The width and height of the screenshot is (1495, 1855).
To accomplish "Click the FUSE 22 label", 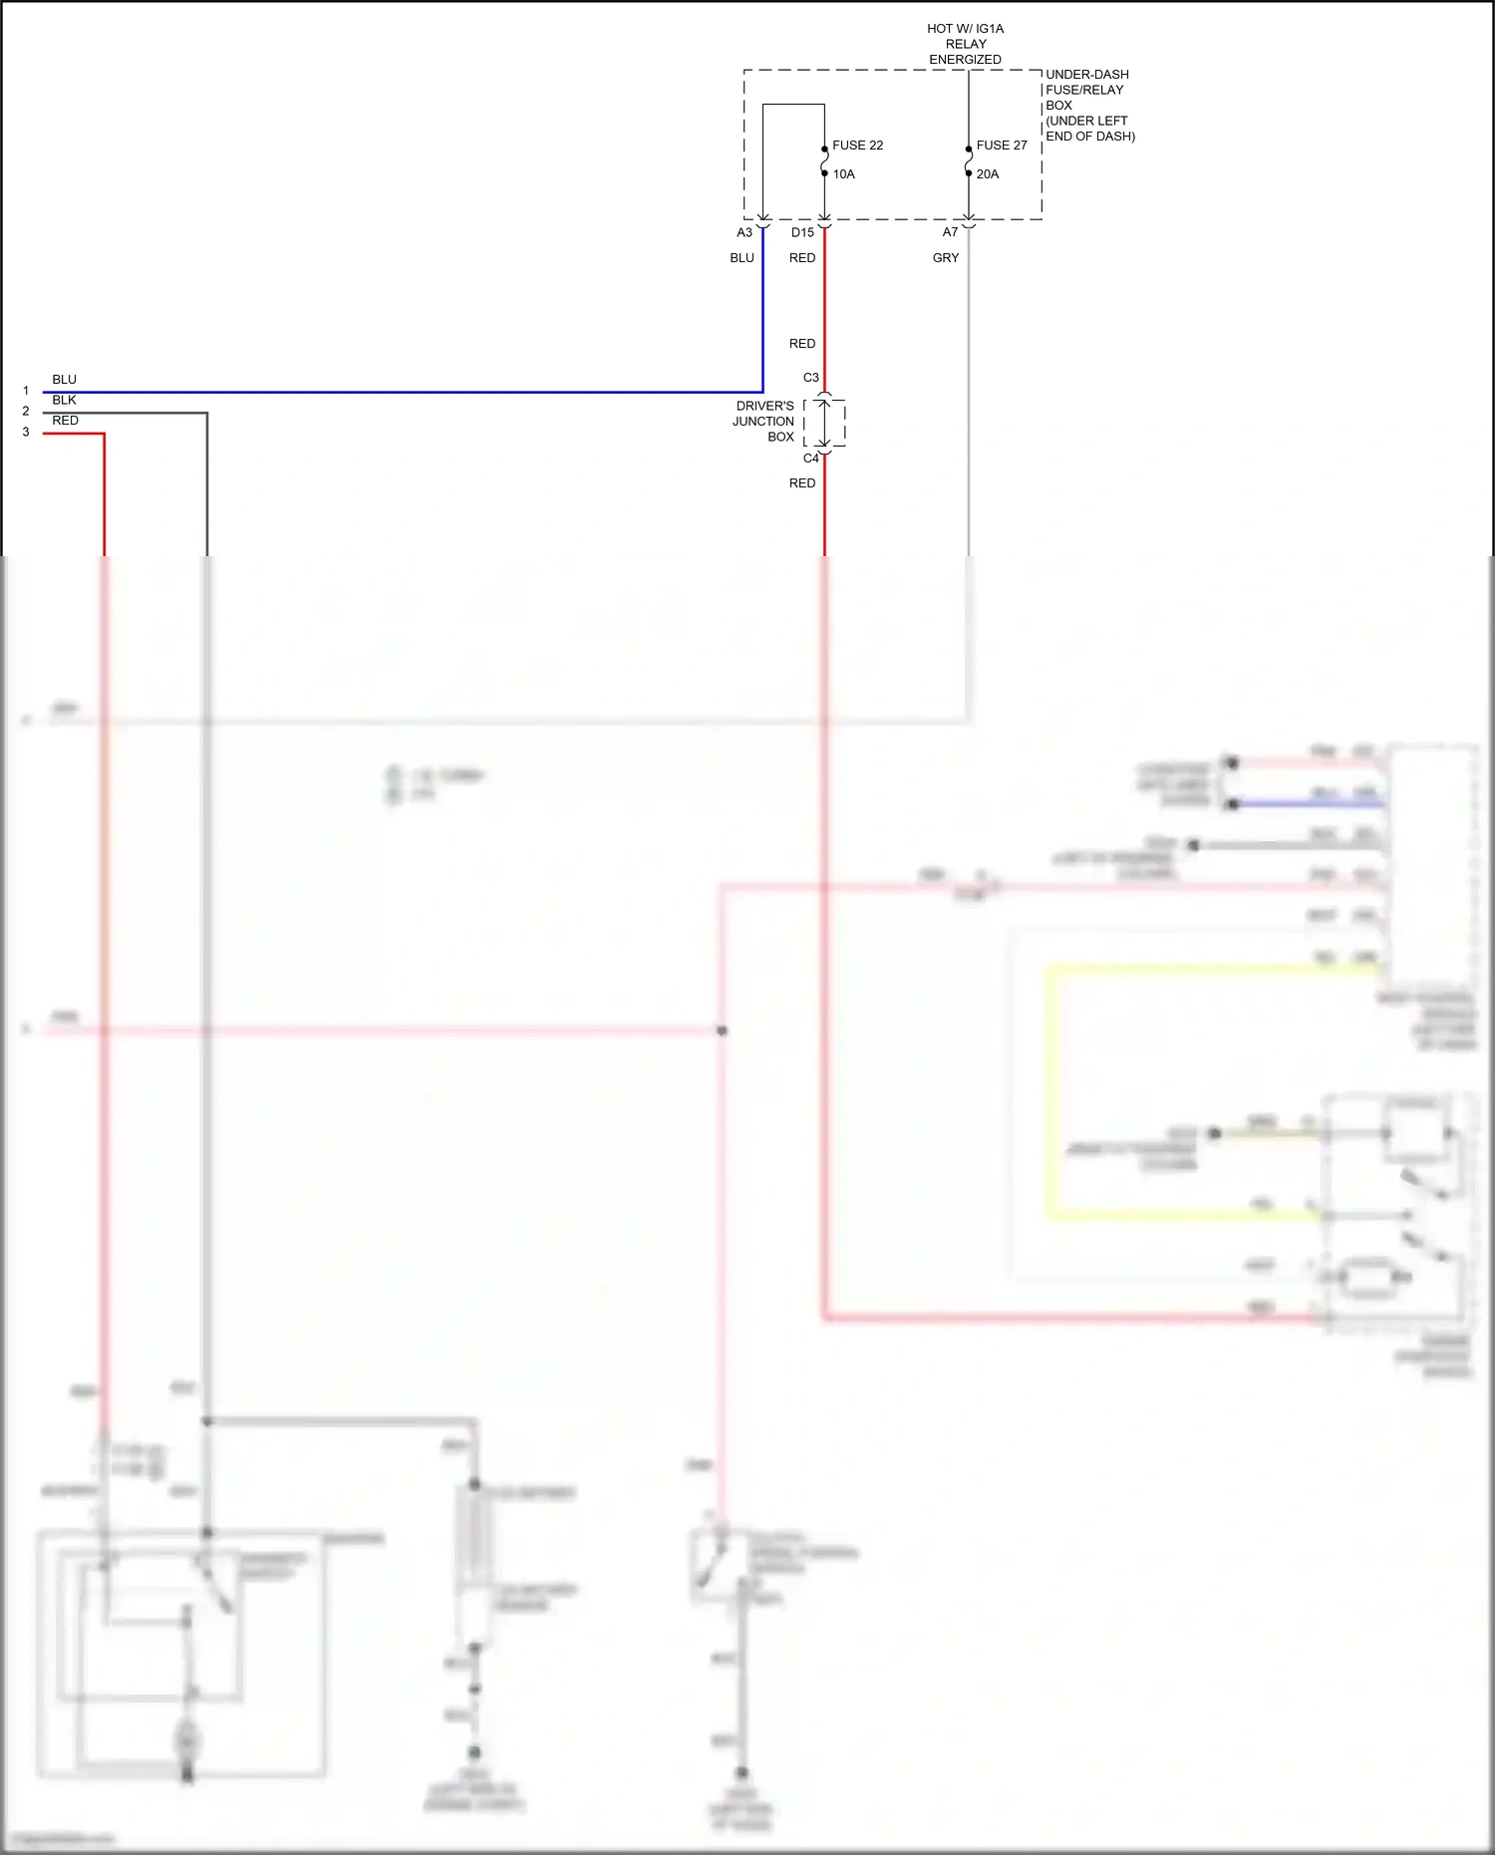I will click(857, 146).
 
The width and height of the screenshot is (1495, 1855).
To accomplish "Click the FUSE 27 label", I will click(1001, 146).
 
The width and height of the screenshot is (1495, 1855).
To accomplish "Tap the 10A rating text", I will click(843, 174).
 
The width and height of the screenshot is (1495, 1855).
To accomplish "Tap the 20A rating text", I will click(987, 174).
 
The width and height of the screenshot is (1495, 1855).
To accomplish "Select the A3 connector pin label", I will click(745, 232).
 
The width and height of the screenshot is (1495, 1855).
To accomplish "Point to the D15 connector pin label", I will click(802, 232).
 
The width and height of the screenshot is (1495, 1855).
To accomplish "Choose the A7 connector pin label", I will click(950, 232).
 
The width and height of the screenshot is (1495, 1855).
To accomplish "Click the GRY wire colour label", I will click(945, 258).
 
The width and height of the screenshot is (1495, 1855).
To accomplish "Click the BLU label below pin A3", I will click(742, 258).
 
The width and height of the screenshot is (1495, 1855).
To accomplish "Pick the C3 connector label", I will click(810, 378).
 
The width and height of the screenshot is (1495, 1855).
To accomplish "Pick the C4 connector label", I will click(810, 459).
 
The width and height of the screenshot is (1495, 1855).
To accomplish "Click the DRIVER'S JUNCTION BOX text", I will click(764, 422).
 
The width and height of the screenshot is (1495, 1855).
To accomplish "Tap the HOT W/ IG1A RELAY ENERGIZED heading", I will click(965, 44).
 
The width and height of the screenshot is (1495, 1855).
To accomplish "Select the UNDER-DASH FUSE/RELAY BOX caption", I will click(1089, 105).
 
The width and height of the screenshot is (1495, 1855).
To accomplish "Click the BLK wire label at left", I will click(64, 400).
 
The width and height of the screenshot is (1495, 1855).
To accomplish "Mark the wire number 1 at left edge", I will click(26, 391).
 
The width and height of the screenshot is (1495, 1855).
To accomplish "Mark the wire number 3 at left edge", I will click(26, 432).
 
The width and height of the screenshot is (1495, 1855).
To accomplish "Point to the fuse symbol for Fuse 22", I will click(824, 161).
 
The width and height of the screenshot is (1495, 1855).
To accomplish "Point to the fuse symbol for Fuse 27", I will click(968, 161).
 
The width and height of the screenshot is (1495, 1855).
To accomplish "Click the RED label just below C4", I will click(801, 483).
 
